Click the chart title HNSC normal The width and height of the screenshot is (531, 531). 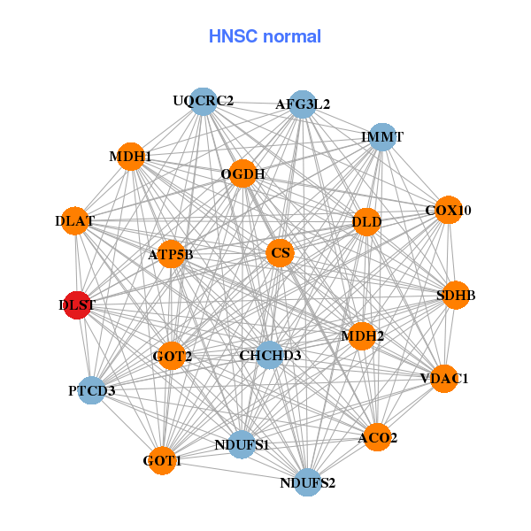(x=265, y=36)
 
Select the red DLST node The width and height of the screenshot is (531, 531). (x=77, y=304)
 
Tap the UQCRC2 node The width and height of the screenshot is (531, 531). (x=204, y=101)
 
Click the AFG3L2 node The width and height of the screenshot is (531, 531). (x=303, y=104)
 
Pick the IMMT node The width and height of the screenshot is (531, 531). (x=382, y=137)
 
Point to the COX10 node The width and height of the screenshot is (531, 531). (x=449, y=211)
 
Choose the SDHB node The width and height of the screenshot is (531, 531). (x=456, y=296)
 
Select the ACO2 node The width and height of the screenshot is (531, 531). (x=378, y=437)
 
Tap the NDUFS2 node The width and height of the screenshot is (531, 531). (x=307, y=482)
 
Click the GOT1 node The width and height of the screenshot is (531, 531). (x=162, y=460)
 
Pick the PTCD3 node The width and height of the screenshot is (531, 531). (x=92, y=389)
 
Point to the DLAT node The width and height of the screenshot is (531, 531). (x=75, y=219)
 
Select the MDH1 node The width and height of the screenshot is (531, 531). (x=131, y=157)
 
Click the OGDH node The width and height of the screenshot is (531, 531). (x=243, y=173)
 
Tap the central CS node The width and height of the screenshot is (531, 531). (x=281, y=253)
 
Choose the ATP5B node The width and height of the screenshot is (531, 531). (x=171, y=255)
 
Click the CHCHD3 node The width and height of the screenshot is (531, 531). (x=270, y=356)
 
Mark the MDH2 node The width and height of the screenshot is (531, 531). (x=362, y=336)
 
